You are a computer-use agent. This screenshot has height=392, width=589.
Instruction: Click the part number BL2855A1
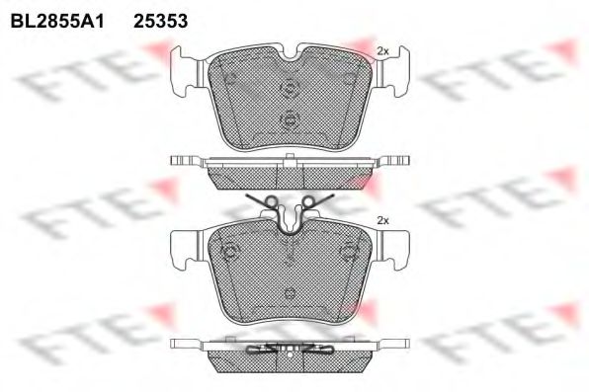pyautogui.click(x=57, y=21)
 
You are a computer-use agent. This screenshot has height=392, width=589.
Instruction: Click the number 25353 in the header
pyautogui.click(x=161, y=21)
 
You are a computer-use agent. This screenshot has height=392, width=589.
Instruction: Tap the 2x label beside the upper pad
pyautogui.click(x=382, y=51)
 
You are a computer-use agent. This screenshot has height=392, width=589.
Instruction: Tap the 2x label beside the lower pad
pyautogui.click(x=382, y=221)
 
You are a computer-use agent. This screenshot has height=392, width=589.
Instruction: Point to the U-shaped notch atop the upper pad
pyautogui.click(x=290, y=53)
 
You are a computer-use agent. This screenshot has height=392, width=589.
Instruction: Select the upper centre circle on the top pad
pyautogui.click(x=290, y=89)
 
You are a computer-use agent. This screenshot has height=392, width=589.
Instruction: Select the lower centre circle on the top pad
pyautogui.click(x=290, y=120)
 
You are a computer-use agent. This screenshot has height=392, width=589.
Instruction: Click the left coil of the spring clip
pyautogui.click(x=272, y=202)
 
